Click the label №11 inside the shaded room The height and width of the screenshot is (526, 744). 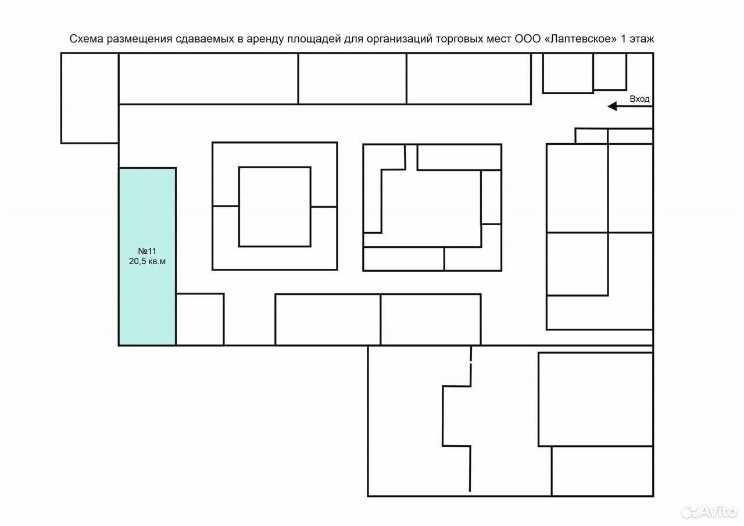coord(147,251)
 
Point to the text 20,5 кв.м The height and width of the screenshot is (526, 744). coord(147,261)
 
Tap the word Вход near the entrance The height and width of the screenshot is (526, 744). coord(639,99)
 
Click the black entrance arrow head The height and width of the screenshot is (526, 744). coord(612,106)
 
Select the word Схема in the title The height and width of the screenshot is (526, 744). coord(87,39)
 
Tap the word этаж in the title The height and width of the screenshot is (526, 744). coord(641,39)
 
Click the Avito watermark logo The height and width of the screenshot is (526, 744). coord(710,511)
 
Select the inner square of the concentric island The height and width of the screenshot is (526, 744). coord(275,207)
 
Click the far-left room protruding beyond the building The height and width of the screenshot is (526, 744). coord(90,98)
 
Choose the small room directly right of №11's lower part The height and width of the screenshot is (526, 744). coord(200,319)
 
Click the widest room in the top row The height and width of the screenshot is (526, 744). coord(208,79)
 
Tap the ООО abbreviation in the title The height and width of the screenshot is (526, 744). coord(528,39)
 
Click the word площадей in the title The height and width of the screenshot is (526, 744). coord(314,40)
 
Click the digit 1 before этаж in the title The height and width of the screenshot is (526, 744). coord(623,39)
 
